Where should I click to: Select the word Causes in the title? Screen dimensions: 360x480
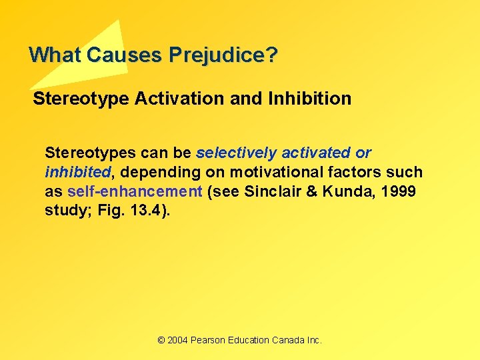point(127,55)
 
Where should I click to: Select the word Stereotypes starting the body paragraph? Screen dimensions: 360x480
point(85,153)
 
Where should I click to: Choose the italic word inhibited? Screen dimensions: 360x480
point(78,173)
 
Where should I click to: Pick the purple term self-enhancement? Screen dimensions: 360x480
point(135,192)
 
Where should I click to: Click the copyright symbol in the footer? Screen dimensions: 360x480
point(161,340)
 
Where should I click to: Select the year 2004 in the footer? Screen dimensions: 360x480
point(178,340)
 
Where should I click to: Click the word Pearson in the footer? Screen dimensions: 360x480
point(209,340)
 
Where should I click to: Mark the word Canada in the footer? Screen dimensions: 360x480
point(288,340)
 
